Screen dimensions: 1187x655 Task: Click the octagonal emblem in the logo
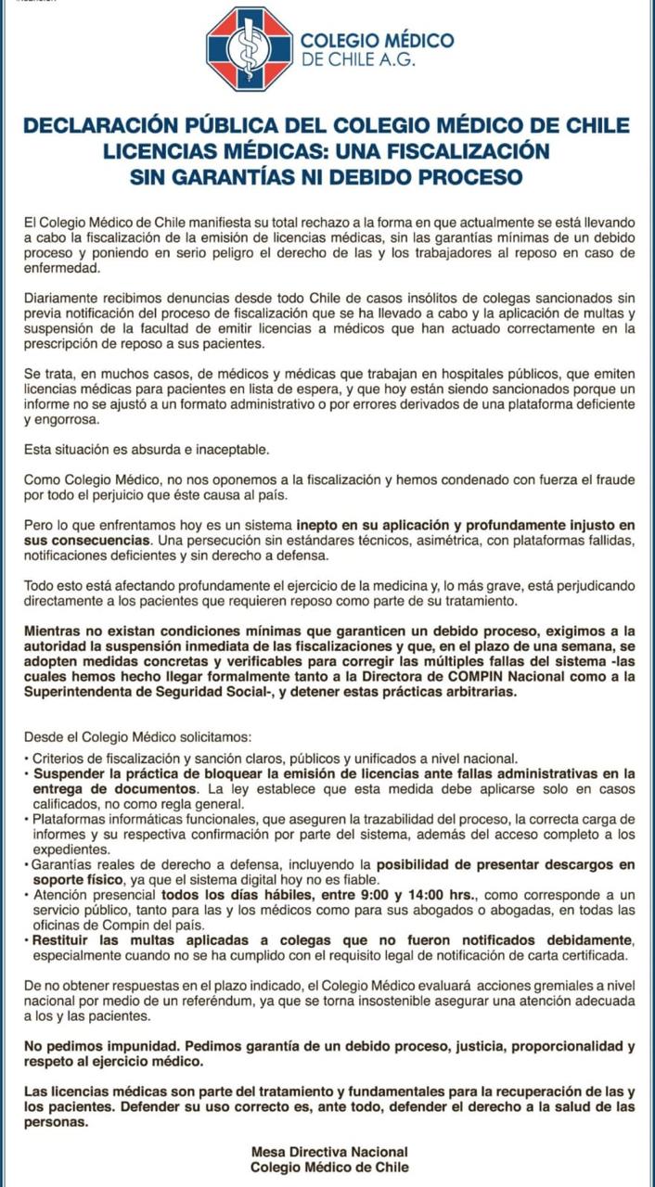248,48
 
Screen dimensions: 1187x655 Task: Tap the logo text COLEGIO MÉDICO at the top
377,40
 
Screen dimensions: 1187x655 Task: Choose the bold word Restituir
62,941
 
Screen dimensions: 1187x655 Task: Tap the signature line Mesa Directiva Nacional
329,1152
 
